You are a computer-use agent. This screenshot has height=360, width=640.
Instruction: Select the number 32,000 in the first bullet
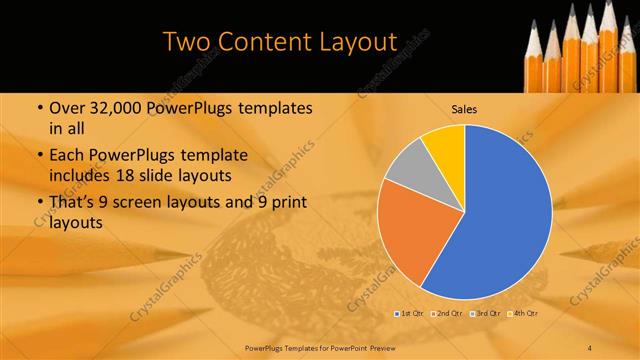coord(107,108)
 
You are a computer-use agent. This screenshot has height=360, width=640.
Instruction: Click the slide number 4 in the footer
coord(590,347)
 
